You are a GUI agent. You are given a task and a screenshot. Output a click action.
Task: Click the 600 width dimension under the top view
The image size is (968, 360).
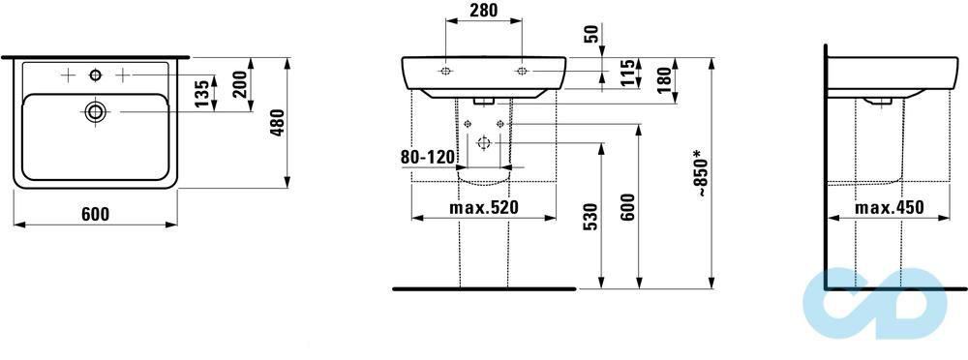pos(94,214)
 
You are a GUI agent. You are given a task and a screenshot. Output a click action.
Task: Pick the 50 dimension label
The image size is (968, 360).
pos(591,35)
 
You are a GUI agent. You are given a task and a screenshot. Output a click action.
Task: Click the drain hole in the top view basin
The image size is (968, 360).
pos(95,111)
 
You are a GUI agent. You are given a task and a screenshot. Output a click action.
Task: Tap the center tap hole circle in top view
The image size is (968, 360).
pos(95,75)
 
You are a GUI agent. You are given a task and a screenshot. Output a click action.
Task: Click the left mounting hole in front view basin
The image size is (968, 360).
pos(444,72)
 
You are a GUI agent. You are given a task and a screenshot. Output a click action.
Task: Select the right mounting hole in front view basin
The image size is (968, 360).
pos(521,72)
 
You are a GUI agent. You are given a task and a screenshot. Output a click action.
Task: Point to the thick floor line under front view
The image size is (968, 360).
pos(484,288)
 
